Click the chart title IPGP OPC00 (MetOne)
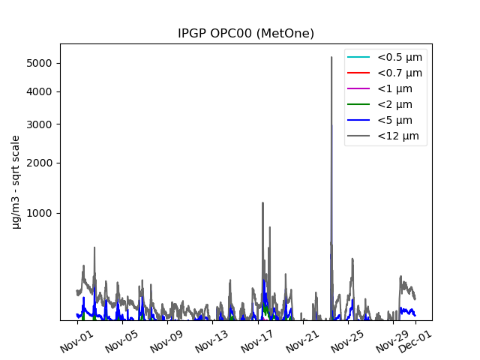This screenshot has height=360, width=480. click(x=245, y=34)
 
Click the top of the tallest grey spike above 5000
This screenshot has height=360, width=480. click(x=331, y=57)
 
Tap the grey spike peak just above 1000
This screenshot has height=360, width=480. click(x=262, y=202)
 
